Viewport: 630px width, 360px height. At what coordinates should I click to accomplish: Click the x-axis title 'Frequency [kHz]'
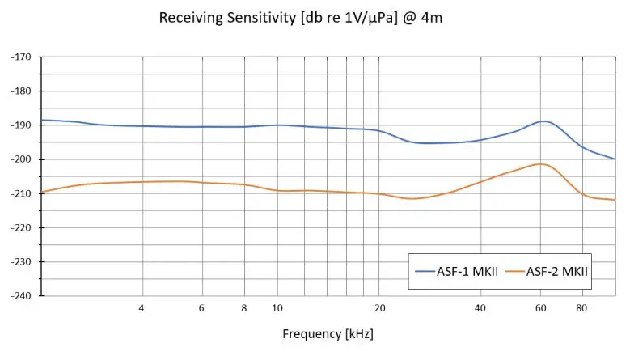tap(328, 333)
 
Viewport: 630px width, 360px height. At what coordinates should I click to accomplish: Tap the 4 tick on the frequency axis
tap(142, 308)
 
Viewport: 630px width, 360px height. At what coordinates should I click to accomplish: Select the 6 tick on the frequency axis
tap(201, 308)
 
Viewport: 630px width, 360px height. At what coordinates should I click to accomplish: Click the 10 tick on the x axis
tap(277, 308)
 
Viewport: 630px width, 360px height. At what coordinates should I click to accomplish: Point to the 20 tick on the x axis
tap(379, 308)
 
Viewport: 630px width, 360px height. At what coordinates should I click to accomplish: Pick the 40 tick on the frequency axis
tap(480, 308)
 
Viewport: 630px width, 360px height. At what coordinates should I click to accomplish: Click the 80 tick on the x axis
tap(581, 308)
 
